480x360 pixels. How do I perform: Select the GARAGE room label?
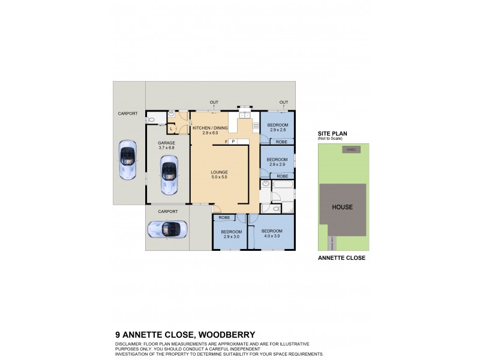click(167, 143)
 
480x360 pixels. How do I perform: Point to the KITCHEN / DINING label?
click(211, 128)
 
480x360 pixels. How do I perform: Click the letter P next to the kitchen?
click(233, 142)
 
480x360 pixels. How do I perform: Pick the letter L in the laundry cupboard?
click(172, 128)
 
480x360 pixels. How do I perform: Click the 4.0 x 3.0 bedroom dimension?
click(272, 236)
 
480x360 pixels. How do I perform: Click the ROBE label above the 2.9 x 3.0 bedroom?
click(225, 217)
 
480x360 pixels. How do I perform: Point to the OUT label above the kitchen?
click(214, 102)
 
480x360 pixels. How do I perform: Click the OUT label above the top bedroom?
click(283, 102)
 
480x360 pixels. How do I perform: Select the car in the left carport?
click(127, 161)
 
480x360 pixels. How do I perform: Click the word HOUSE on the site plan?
click(343, 207)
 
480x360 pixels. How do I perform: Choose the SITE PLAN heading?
click(332, 133)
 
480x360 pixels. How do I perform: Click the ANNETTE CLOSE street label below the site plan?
click(341, 258)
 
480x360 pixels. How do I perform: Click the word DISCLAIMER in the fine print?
click(129, 343)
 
